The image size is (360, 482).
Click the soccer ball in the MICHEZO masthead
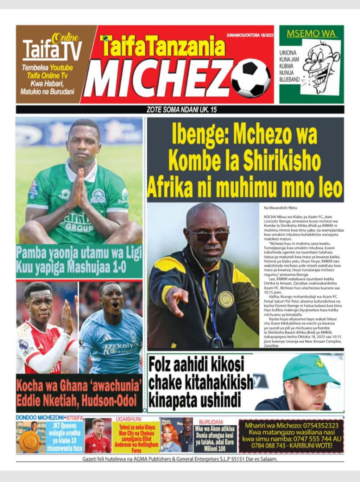click(251, 79)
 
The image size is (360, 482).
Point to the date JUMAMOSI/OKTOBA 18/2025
click(249, 35)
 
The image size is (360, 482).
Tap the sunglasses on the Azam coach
click(207, 235)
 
